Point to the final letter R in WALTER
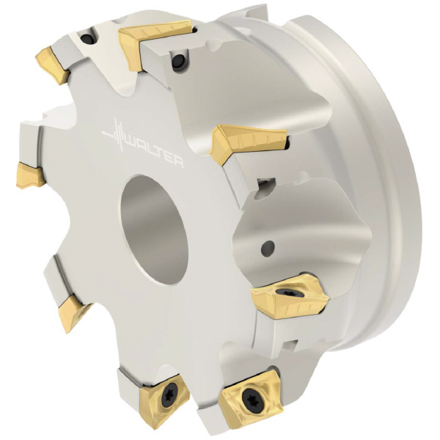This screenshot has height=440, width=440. [178, 163]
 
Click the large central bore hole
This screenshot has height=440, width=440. [154, 230]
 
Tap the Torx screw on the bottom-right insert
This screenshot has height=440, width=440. [249, 399]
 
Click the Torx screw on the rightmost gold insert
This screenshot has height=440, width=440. [285, 292]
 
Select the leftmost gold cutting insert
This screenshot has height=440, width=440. [30, 175]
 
